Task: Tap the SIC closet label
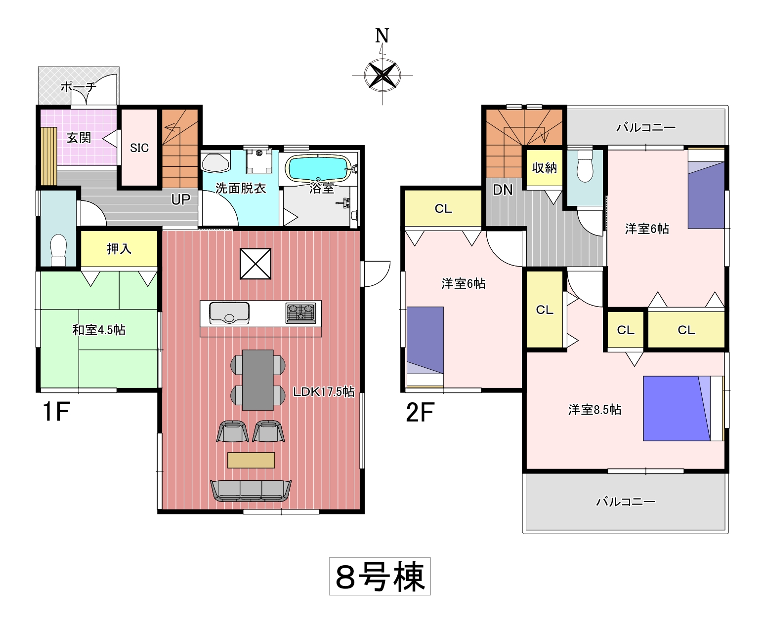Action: pyautogui.click(x=139, y=148)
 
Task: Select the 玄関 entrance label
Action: pyautogui.click(x=79, y=137)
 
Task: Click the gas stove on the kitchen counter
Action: pyautogui.click(x=301, y=313)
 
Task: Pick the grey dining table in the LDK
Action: pyautogui.click(x=258, y=380)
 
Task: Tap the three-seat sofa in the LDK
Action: pyautogui.click(x=251, y=491)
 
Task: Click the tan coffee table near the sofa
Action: pyautogui.click(x=251, y=460)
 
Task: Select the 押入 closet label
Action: pyautogui.click(x=119, y=249)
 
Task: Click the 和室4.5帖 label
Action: pyautogui.click(x=99, y=330)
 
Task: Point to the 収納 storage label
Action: pyautogui.click(x=545, y=167)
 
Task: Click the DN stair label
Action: pyautogui.click(x=503, y=190)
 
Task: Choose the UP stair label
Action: pyautogui.click(x=181, y=199)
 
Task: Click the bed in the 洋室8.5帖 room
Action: pyautogui.click(x=683, y=408)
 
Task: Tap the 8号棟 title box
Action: pyautogui.click(x=380, y=576)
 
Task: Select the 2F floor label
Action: pyautogui.click(x=420, y=412)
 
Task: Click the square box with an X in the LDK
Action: pyautogui.click(x=255, y=264)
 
